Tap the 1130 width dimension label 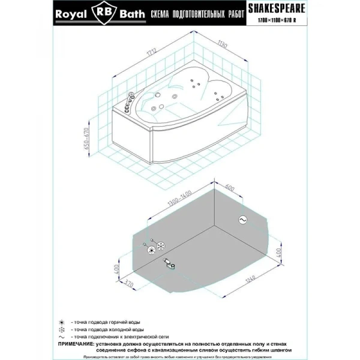(223, 43)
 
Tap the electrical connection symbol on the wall (243, 220)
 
